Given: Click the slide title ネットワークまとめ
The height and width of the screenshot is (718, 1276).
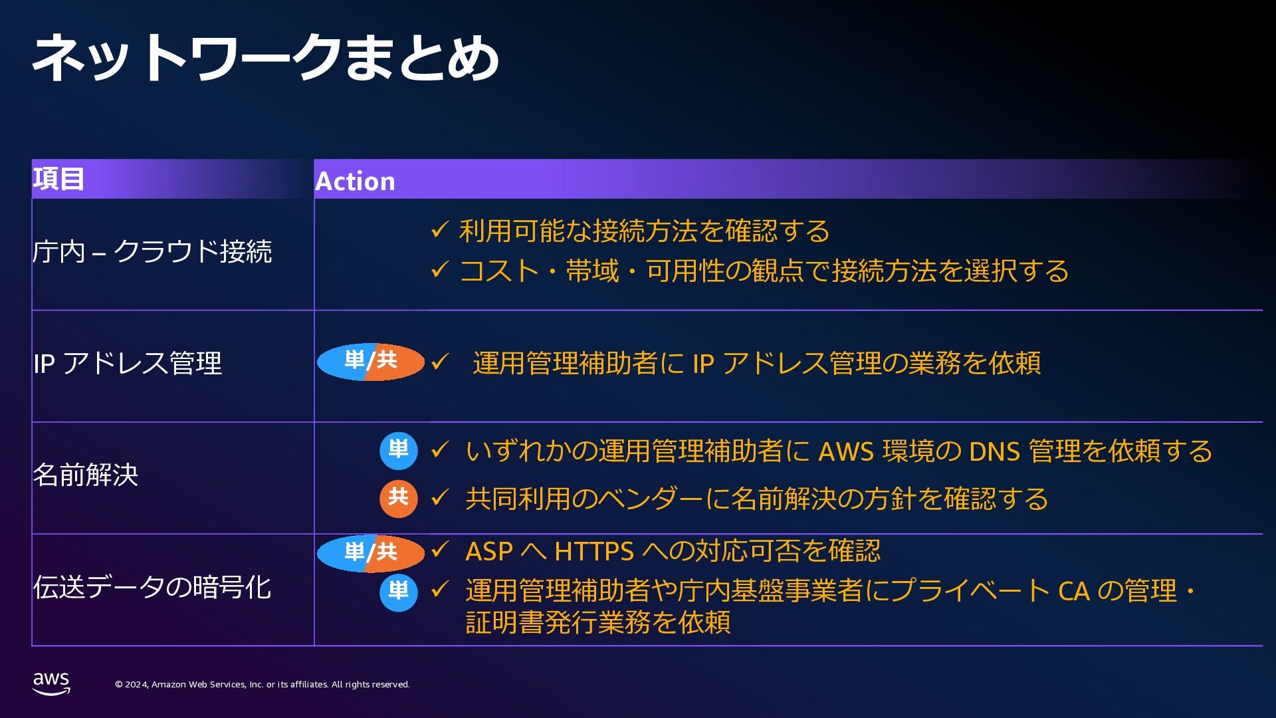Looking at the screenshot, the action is pyautogui.click(x=266, y=59).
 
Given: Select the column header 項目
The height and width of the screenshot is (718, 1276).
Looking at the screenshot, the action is pyautogui.click(x=58, y=179).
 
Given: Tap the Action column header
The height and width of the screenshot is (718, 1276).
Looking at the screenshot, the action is pyautogui.click(x=355, y=181).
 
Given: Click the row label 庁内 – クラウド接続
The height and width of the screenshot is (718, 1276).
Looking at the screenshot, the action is pyautogui.click(x=152, y=252).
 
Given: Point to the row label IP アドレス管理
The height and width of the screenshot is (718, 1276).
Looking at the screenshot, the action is pyautogui.click(x=128, y=364).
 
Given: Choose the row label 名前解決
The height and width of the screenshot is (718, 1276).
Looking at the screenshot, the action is pyautogui.click(x=86, y=475).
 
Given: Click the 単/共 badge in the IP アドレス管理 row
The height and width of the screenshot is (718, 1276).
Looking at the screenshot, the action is pyautogui.click(x=371, y=362).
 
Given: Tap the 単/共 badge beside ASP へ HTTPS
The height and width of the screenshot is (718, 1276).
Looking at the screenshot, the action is pyautogui.click(x=371, y=552).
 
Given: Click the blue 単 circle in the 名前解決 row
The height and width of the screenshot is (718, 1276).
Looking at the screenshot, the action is pyautogui.click(x=398, y=451).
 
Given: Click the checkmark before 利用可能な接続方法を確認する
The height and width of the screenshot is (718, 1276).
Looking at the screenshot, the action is pyautogui.click(x=439, y=231).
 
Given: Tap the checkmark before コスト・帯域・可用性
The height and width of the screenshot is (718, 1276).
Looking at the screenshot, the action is pyautogui.click(x=439, y=270).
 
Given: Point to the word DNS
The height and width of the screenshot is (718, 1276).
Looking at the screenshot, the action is pyautogui.click(x=994, y=452).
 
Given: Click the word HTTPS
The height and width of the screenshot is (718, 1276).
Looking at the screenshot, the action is pyautogui.click(x=594, y=552).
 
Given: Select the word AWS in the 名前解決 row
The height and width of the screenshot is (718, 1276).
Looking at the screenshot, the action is pyautogui.click(x=845, y=452).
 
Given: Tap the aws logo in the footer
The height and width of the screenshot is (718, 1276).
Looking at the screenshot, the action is pyautogui.click(x=51, y=683).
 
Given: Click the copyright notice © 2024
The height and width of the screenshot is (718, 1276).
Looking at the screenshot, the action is pyautogui.click(x=262, y=685).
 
